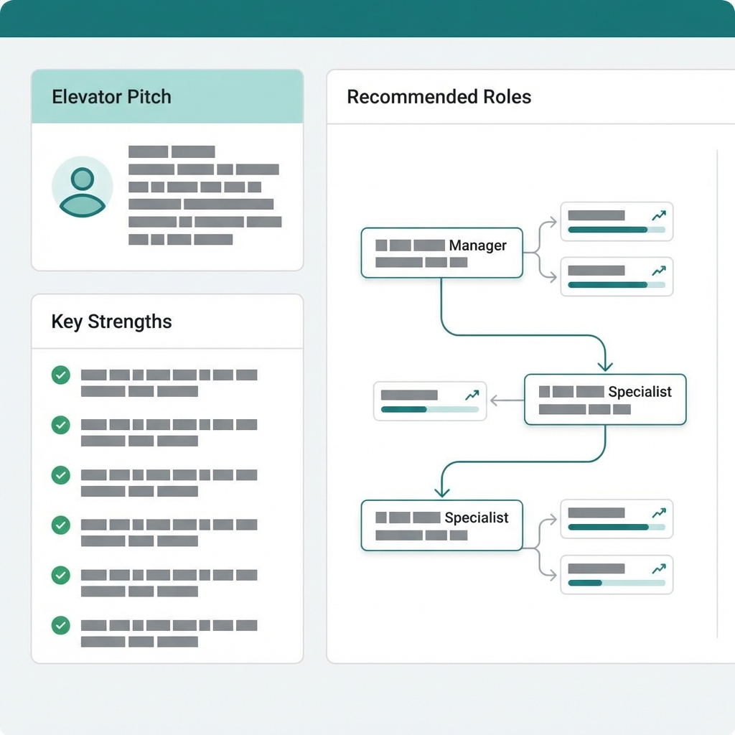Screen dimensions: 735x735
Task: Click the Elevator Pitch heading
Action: pyautogui.click(x=111, y=97)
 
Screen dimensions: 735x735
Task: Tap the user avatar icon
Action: pyautogui.click(x=83, y=187)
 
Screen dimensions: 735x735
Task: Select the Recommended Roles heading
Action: pyautogui.click(x=439, y=97)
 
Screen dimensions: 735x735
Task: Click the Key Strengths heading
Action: pyautogui.click(x=111, y=322)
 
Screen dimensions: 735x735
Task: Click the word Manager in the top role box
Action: pyautogui.click(x=477, y=245)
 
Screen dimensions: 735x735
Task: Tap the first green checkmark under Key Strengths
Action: pyautogui.click(x=61, y=375)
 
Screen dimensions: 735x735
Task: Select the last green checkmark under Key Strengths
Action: pyautogui.click(x=61, y=625)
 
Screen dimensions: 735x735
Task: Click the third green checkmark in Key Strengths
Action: pyautogui.click(x=61, y=475)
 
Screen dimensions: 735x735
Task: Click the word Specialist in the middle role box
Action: pyautogui.click(x=640, y=392)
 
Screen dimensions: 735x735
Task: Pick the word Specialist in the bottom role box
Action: pyautogui.click(x=476, y=518)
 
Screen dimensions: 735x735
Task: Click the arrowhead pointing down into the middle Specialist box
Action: pyautogui.click(x=605, y=365)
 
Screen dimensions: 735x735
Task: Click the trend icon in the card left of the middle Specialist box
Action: pyautogui.click(x=472, y=395)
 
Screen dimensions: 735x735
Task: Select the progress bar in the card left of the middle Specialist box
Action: pyautogui.click(x=429, y=409)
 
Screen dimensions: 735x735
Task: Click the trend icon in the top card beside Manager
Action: pyautogui.click(x=658, y=215)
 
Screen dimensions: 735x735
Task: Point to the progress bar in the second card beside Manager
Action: pyautogui.click(x=616, y=284)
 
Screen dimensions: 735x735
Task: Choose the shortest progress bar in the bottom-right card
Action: pyautogui.click(x=616, y=583)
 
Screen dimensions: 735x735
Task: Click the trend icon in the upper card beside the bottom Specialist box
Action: pyautogui.click(x=658, y=513)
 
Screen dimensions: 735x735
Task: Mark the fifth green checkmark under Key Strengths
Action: pyautogui.click(x=61, y=575)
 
